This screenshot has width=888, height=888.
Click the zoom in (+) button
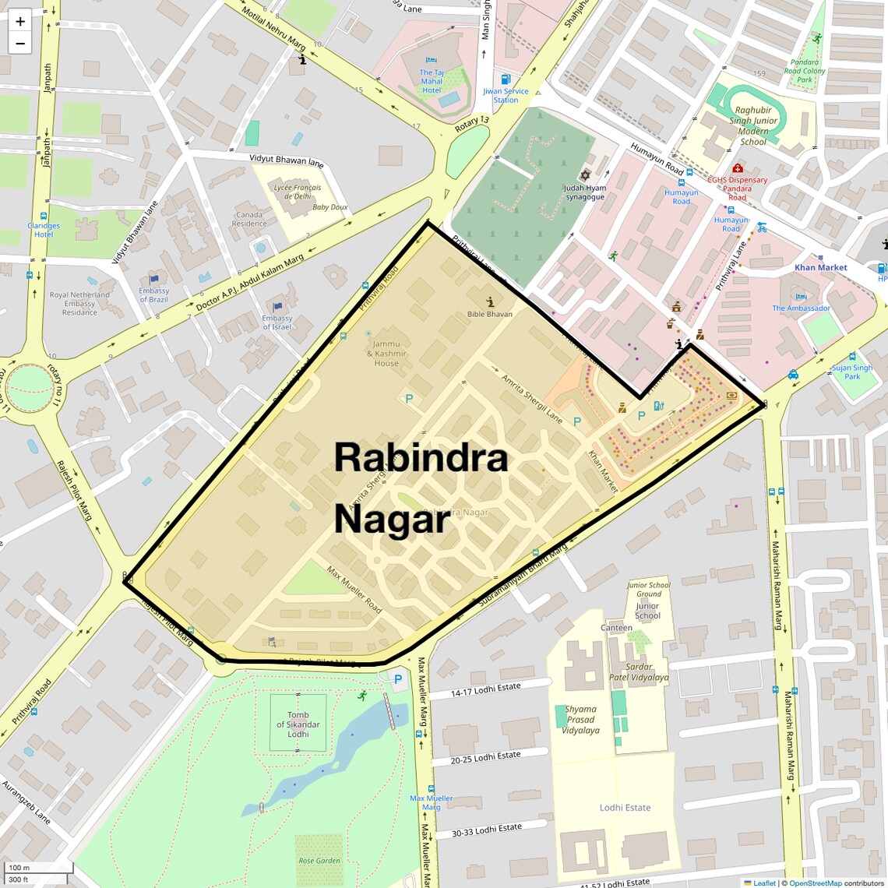(x=20, y=22)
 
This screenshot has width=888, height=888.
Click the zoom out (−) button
(x=20, y=44)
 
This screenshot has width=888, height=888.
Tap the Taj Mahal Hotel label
(x=432, y=81)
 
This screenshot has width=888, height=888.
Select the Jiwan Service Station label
(x=506, y=95)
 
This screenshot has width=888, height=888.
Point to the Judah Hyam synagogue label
(x=585, y=192)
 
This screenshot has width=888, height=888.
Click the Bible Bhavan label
(x=490, y=314)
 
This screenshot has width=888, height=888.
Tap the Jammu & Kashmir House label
(x=386, y=354)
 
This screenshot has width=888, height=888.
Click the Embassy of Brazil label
(x=154, y=294)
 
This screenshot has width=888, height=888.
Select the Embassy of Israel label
(x=277, y=322)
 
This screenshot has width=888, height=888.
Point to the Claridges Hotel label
(x=44, y=230)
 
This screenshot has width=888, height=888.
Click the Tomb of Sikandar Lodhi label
(x=298, y=724)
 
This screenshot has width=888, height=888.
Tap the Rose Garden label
(x=319, y=861)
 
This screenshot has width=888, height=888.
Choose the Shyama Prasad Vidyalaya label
(x=581, y=720)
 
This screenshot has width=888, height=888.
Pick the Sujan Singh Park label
(x=852, y=372)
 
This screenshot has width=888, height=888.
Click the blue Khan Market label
(x=821, y=267)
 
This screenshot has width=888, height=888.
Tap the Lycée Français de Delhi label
(x=298, y=192)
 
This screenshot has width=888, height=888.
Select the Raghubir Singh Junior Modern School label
(x=753, y=126)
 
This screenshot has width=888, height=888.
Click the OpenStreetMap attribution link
(x=815, y=883)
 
